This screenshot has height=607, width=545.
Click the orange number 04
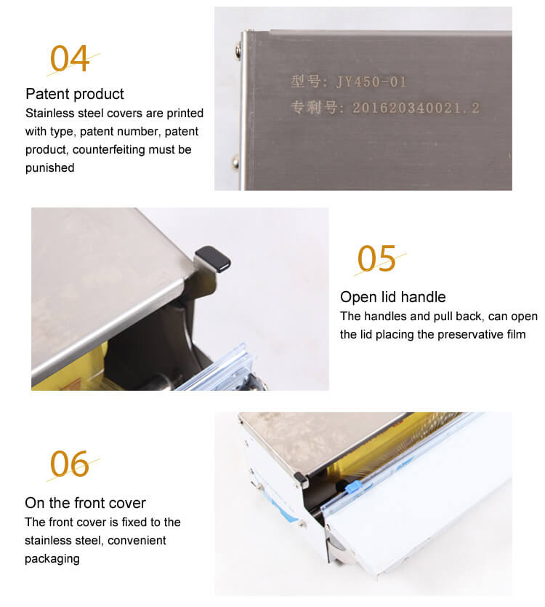[70, 58]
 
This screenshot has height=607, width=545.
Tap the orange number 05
[376, 258]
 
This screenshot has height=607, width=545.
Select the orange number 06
[70, 464]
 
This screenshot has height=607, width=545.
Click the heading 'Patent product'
[75, 94]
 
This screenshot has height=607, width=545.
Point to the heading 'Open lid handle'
[392, 297]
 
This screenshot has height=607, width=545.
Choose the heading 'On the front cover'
[85, 503]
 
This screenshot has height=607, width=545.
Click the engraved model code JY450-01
[371, 82]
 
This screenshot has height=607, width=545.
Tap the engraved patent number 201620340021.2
[416, 108]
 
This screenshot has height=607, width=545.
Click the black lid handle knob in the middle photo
[213, 258]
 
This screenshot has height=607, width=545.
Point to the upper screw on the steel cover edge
[238, 50]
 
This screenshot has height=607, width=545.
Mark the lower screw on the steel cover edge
[235, 160]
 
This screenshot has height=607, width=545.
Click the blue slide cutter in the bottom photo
[352, 487]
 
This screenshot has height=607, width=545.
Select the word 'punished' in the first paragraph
[50, 168]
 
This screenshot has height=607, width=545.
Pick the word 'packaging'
[52, 559]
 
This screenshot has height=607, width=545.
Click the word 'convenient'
[137, 541]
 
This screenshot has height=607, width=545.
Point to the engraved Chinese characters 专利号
[314, 108]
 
